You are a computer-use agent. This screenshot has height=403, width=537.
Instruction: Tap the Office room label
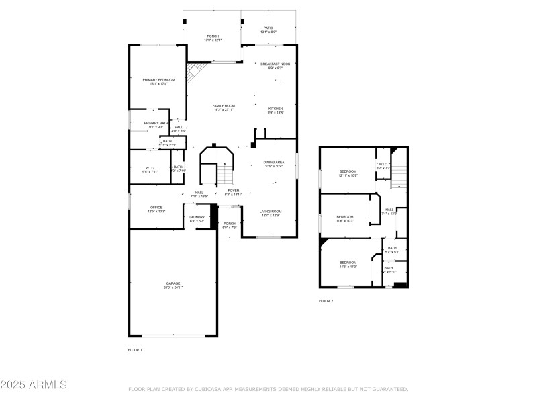(156, 209)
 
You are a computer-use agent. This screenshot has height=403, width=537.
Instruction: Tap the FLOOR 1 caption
(135, 350)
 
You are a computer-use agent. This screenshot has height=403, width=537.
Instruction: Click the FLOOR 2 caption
(326, 301)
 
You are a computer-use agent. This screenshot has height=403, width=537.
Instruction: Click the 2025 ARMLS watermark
(34, 385)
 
